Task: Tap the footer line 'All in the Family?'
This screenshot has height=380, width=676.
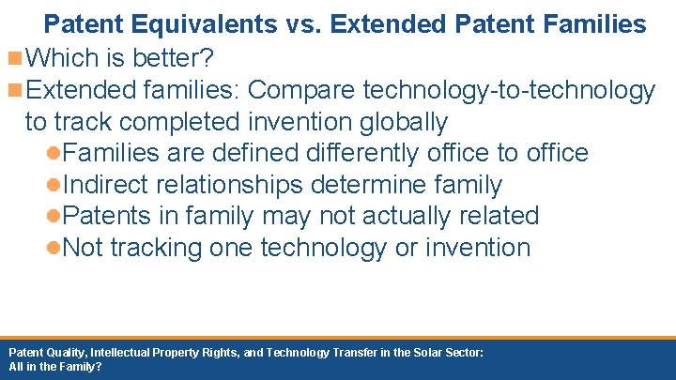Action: click(55, 367)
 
